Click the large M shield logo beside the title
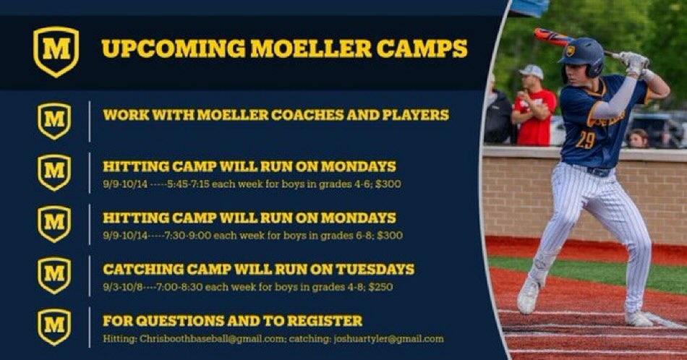56,51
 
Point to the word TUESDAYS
375,269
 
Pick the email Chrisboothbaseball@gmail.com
212,339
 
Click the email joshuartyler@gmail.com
388,339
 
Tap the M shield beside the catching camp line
54,275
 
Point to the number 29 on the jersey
585,140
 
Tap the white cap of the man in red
532,71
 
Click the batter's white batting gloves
633,63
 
